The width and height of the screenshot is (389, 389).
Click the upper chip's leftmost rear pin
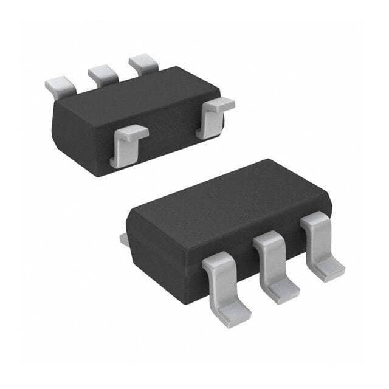pos(60,86)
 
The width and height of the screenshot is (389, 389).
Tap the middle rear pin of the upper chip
pos(102,75)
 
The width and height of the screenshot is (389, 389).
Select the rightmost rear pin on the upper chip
pos(143,64)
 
